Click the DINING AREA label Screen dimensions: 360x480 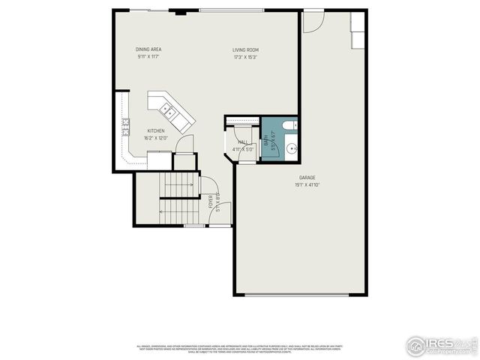point(148,49)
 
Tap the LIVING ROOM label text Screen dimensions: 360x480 point(245,49)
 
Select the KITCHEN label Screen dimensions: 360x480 point(156,130)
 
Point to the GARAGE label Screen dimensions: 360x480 point(307,178)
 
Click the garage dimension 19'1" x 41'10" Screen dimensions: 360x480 point(307,185)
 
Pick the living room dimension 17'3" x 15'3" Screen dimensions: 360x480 point(245,57)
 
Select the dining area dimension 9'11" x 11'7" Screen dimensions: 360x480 point(148,57)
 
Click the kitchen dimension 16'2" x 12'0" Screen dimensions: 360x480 point(156,138)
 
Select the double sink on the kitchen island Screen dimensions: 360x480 point(170,114)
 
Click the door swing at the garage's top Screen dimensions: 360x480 point(313,22)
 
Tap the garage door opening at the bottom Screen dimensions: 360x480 point(297,295)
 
